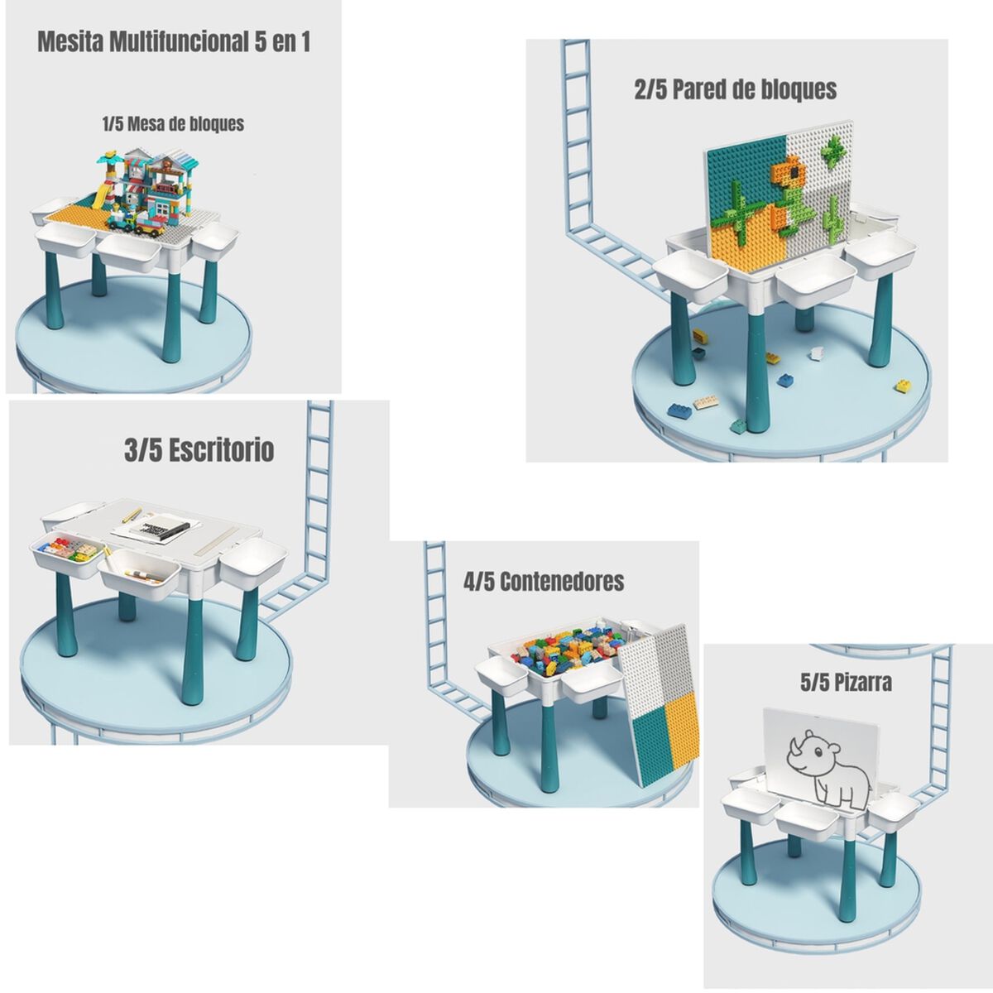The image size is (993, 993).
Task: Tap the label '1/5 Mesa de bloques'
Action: [x=174, y=124]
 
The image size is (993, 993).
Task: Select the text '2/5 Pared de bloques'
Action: [x=736, y=89]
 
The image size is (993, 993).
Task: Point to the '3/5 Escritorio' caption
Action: [x=199, y=450]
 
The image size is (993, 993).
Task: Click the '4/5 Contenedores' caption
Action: [x=544, y=581]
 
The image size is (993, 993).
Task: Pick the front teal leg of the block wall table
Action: [x=756, y=364]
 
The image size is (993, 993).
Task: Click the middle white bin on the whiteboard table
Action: [x=803, y=816]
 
